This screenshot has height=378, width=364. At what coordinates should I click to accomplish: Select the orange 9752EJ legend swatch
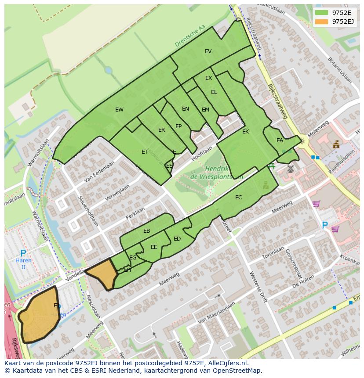(321, 22)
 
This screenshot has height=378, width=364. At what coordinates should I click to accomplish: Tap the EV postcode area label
(208, 51)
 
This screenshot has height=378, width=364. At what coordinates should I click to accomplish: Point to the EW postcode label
(119, 110)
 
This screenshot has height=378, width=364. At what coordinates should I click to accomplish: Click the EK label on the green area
(245, 132)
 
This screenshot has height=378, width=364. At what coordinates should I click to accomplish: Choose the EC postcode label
(238, 198)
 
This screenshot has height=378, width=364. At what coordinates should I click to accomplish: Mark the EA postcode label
(280, 141)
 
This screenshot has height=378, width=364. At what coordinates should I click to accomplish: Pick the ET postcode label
(145, 152)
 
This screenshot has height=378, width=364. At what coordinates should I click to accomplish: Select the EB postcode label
(147, 231)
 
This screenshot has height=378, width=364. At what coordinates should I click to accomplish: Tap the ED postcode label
(177, 239)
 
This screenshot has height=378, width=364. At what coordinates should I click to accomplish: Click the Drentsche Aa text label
(190, 36)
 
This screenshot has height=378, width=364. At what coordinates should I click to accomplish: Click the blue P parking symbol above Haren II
(23, 253)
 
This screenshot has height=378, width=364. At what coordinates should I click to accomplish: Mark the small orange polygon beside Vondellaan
(102, 273)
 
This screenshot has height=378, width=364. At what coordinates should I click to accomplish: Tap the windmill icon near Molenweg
(290, 169)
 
